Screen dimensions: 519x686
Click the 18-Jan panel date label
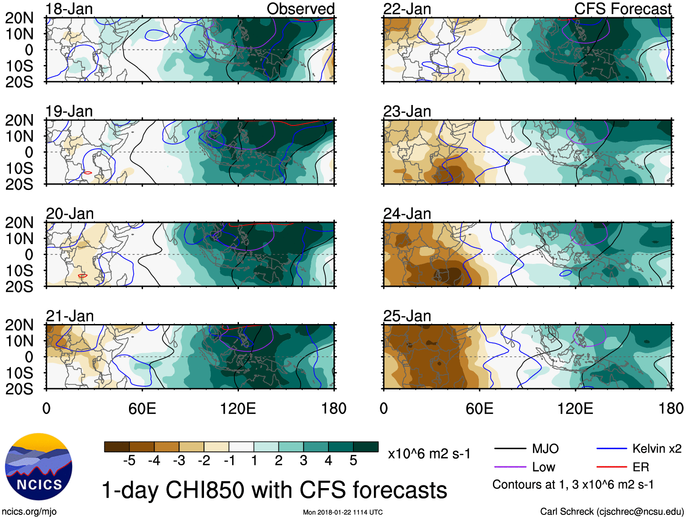pos(69,9)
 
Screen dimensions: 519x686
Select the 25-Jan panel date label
pos(407,316)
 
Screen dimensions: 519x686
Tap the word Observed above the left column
pos(300,9)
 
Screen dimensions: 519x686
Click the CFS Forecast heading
pos(623,9)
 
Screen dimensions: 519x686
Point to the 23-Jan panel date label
pos(407,111)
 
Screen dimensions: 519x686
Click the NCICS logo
pos(39,466)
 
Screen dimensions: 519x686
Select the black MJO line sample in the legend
pos(510,449)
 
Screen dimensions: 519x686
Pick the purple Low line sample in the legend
pos(510,467)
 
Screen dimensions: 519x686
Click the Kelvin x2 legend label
pos(656,449)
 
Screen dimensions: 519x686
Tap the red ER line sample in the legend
pos(611,467)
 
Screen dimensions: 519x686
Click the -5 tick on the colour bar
pos(129,461)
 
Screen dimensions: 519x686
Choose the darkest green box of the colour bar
pos(366,447)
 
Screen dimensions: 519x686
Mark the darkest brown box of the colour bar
pos(117,447)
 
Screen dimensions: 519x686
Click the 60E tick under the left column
pos(142,409)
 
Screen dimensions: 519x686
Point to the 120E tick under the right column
pos(575,409)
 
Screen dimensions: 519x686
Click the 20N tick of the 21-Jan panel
pos(19,325)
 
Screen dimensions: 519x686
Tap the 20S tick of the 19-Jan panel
pos(19,184)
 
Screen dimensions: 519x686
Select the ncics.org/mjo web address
pos(29,512)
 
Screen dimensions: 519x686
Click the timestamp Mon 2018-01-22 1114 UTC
pos(343,512)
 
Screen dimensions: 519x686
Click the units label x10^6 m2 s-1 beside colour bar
pos(429,454)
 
